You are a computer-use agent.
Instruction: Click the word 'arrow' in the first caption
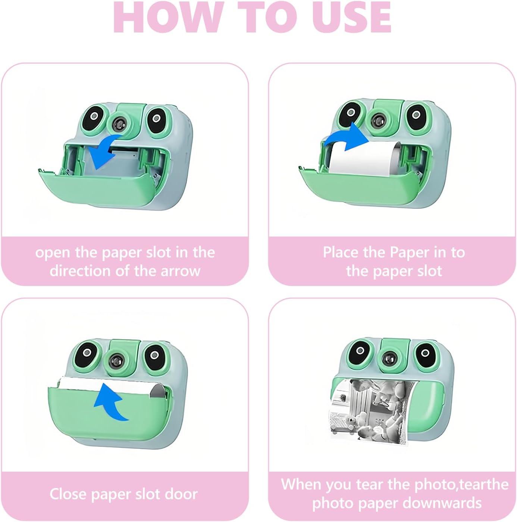181,271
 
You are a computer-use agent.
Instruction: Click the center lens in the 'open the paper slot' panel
119,124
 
